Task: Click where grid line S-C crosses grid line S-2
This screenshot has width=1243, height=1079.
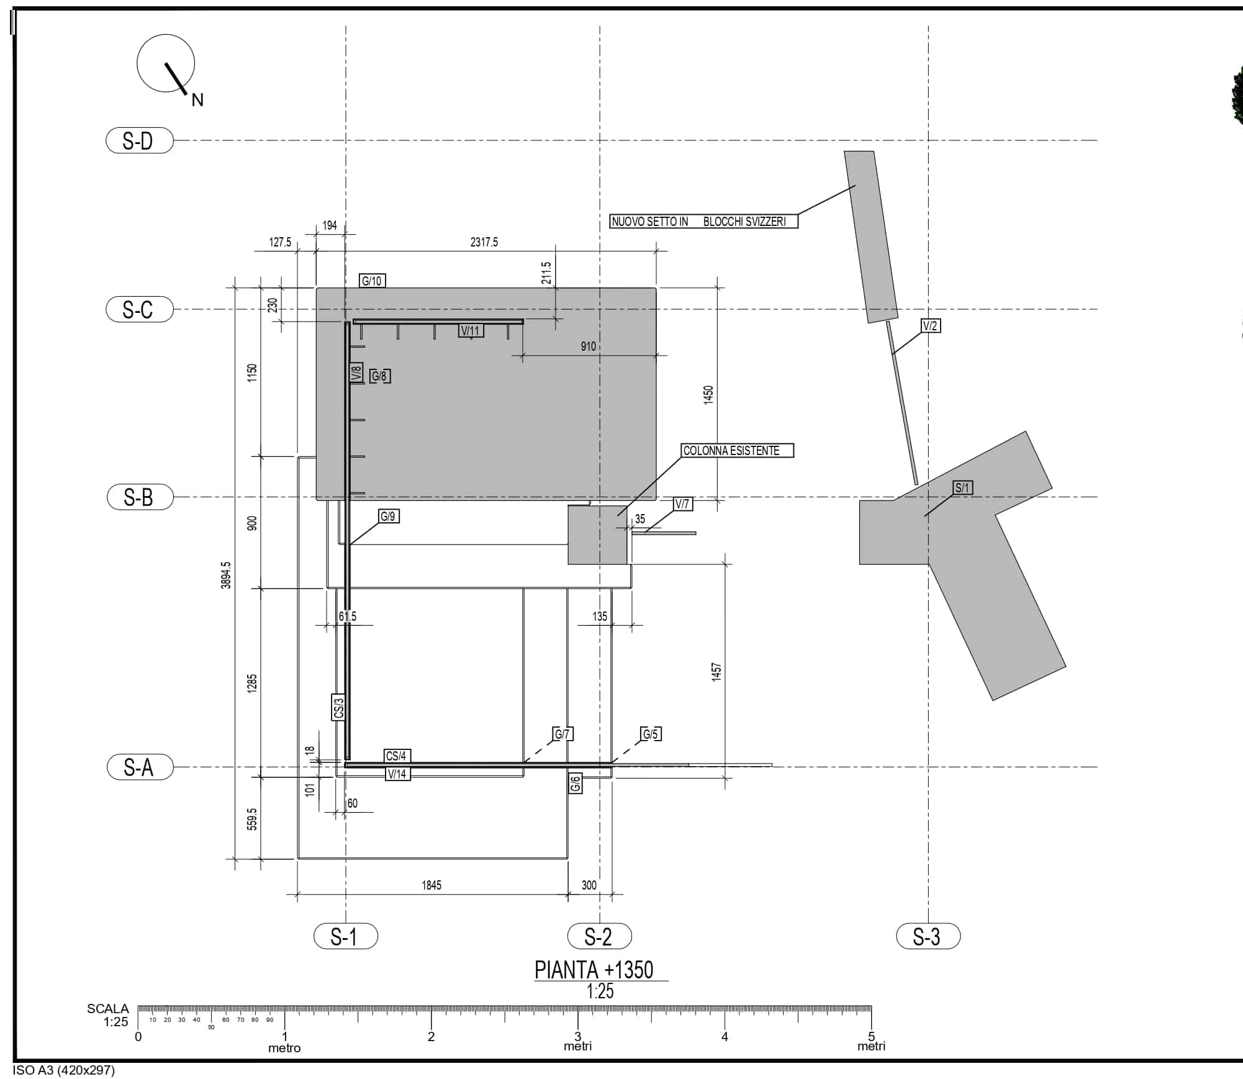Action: pos(600,309)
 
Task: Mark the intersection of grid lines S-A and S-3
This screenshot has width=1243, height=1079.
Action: pos(928,767)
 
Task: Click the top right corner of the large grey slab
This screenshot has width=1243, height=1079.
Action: pos(656,288)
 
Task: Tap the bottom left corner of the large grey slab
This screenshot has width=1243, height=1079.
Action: pos(317,500)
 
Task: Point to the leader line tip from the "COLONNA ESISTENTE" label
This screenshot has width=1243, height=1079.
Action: pos(618,516)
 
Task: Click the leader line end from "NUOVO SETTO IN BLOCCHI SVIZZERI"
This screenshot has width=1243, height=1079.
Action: pos(856,186)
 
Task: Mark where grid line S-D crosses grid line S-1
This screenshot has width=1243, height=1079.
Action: pos(346,140)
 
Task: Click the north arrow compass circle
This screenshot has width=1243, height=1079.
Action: pos(166,35)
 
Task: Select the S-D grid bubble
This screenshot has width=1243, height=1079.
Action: pos(140,140)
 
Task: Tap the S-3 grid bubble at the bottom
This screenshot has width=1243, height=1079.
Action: pos(928,936)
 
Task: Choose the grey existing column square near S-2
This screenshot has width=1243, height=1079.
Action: pos(598,535)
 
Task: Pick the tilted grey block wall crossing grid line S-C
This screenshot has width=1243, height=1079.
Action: pos(871,237)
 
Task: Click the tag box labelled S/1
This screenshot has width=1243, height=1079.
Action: pos(962,487)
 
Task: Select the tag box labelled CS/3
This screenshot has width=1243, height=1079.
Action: pos(339,707)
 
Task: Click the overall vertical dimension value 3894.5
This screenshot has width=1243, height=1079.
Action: pos(226,575)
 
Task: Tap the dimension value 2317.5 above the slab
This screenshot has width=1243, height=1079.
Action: pos(484,242)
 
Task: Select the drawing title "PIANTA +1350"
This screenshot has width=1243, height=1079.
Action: pos(594,970)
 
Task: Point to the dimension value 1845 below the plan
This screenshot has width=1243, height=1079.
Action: pos(432,885)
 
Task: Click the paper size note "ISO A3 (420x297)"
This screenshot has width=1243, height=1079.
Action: pos(64,1070)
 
